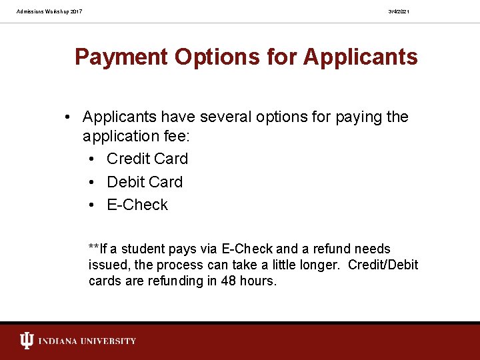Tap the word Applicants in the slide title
click(x=361, y=57)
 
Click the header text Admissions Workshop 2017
click(x=50, y=11)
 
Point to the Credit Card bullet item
click(x=147, y=159)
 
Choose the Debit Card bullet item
click(x=145, y=182)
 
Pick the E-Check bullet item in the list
click(x=137, y=205)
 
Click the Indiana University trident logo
click(x=26, y=341)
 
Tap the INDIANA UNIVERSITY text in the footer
click(x=87, y=341)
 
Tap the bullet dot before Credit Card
click(x=92, y=159)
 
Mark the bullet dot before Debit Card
click(x=92, y=183)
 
